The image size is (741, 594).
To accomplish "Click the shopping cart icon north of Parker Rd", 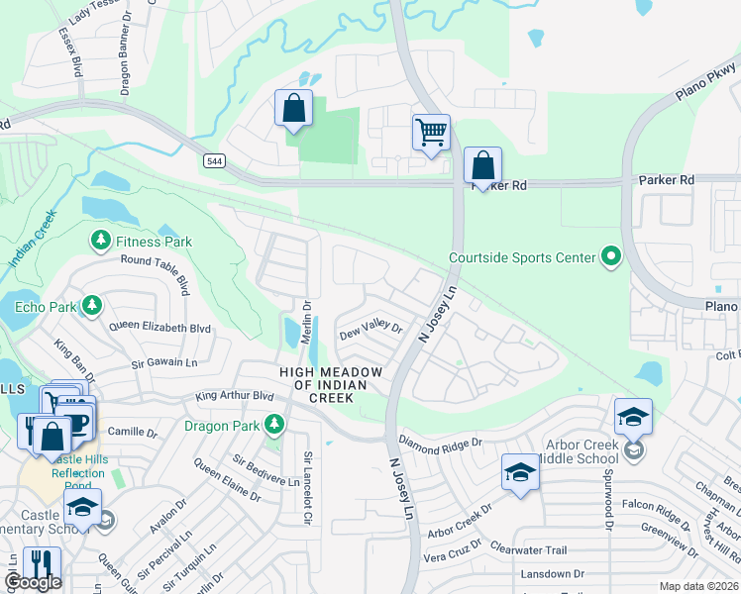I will point(431,132).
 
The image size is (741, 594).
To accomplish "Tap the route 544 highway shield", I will point(213,160).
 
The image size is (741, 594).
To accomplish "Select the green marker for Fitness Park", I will point(100,241).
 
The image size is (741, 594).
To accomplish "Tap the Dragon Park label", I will point(223,427).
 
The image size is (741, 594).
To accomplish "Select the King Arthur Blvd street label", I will point(234,396).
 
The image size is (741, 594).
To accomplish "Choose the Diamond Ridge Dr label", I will point(439,443).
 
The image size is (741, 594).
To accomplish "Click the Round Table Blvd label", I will point(155,269).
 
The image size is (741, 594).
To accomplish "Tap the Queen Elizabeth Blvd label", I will point(160,328).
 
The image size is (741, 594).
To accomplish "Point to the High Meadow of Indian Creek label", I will point(316,384).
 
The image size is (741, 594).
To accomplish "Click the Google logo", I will point(33,583).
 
